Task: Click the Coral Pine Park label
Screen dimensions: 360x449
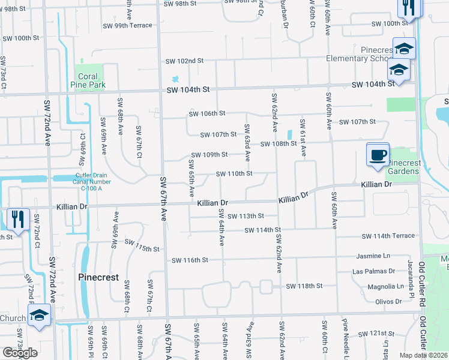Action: [x=91, y=80]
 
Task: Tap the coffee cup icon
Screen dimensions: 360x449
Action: [x=378, y=155]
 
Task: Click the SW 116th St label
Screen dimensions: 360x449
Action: [x=189, y=260]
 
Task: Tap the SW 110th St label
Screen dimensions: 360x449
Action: [x=234, y=173]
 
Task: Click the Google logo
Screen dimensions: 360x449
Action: [x=20, y=353]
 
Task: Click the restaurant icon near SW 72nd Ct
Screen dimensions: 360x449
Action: [x=17, y=220]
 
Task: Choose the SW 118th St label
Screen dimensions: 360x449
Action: [x=304, y=286]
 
